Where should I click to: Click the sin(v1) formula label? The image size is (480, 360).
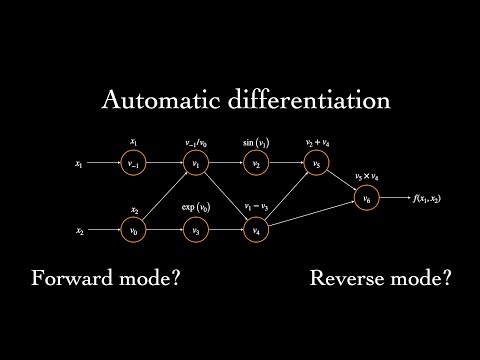coord(256,142)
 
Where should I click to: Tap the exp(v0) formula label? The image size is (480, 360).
coord(196,207)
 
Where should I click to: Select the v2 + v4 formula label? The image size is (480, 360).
coord(316,142)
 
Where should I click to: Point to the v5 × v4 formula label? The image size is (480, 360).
coord(367,177)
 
